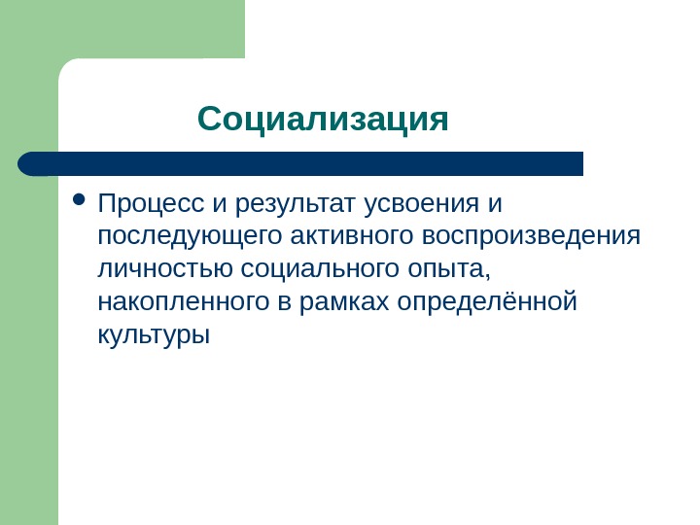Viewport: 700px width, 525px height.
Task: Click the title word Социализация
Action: click(x=323, y=122)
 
